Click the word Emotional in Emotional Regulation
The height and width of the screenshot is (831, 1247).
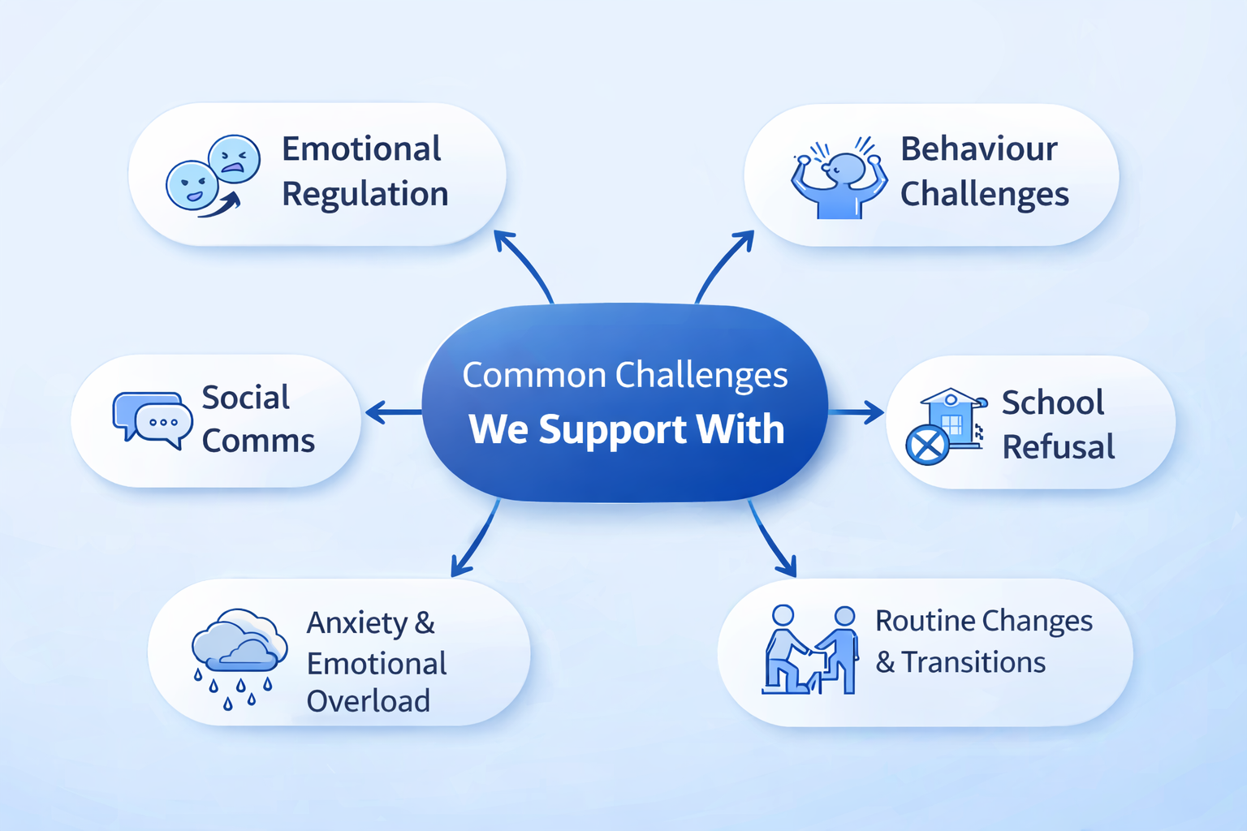(361, 149)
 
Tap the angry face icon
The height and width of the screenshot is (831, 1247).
(235, 158)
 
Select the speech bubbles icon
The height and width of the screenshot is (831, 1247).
(153, 419)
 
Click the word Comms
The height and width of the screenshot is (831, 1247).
(258, 441)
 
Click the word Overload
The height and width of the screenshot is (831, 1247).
(369, 701)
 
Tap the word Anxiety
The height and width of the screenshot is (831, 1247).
(358, 623)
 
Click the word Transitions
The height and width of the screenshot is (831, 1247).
(973, 662)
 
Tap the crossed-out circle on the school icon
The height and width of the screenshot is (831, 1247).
(926, 445)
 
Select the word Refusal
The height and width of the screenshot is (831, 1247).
(1059, 447)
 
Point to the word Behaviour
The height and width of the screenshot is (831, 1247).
(979, 149)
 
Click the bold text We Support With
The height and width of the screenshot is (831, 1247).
(627, 429)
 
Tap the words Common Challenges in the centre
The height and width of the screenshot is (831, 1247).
(625, 376)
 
